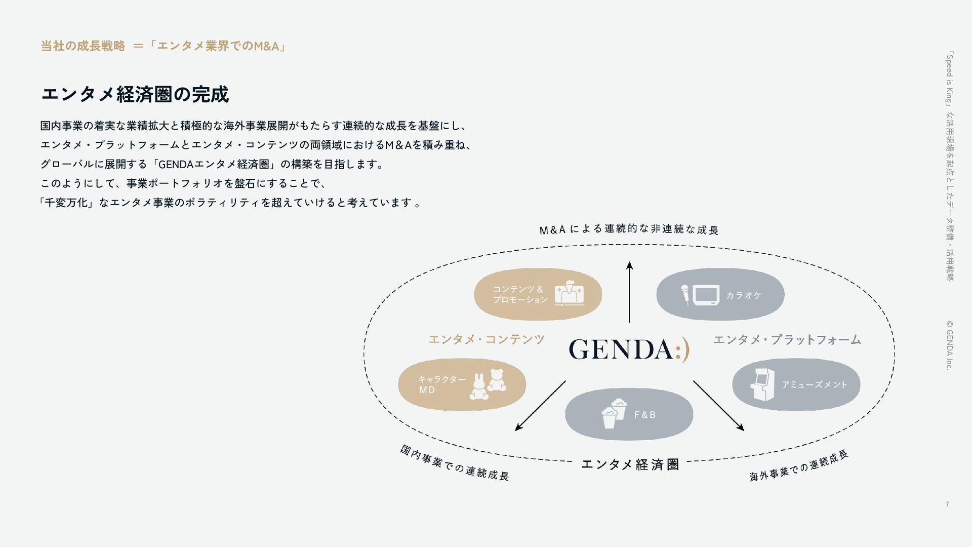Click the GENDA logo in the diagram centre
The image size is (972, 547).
(628, 349)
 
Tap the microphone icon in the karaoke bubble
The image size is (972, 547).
(684, 295)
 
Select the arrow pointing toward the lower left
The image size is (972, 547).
(540, 406)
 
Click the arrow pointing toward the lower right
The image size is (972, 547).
(718, 406)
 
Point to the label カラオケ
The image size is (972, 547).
(743, 295)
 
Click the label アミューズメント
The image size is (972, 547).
(814, 385)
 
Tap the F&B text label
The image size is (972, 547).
(644, 415)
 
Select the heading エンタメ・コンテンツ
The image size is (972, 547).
(486, 339)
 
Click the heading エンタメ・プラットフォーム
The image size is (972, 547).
(787, 339)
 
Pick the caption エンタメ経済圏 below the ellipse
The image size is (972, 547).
(630, 464)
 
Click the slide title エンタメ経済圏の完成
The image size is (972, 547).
(135, 94)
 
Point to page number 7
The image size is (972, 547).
(947, 504)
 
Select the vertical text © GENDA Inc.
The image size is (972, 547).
(949, 344)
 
